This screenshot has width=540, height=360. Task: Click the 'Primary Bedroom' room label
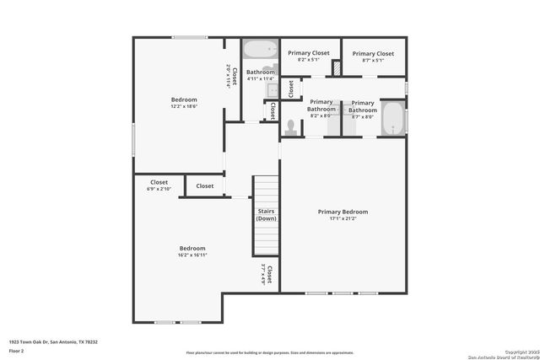point(343,212)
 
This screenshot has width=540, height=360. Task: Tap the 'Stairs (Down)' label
point(266,214)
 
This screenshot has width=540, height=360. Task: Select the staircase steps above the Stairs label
point(266,190)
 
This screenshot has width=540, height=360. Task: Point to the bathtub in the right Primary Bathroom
point(393,117)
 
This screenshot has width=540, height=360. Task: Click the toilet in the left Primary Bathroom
point(291,127)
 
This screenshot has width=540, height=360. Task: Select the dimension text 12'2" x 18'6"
point(184,106)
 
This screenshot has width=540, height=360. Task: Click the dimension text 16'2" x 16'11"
point(192,255)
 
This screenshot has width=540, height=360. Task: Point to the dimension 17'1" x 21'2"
point(343,218)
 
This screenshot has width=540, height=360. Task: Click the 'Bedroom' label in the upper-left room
point(184,99)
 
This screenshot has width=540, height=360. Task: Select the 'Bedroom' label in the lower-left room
point(192,248)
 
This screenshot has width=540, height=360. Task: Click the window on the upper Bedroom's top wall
point(190,37)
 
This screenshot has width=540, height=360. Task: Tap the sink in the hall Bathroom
point(272,89)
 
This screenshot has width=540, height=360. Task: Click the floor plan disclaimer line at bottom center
point(270,353)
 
